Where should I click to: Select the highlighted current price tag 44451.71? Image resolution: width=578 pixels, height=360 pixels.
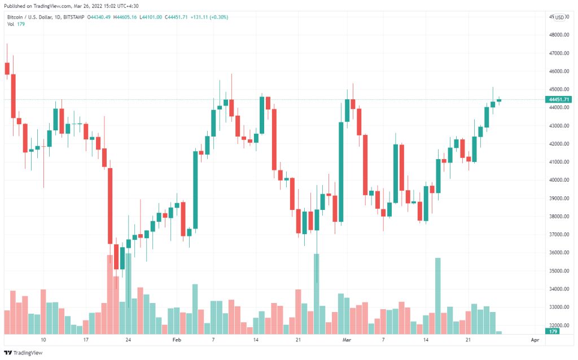(558, 99)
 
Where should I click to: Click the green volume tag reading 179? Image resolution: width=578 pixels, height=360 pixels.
(553, 332)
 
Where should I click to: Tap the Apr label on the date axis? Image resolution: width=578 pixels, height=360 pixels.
(535, 340)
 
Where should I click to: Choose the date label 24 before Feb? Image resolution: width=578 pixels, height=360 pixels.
(128, 340)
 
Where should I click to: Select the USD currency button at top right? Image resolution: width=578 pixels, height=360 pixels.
(559, 17)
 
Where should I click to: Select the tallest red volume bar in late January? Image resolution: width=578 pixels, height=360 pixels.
(110, 293)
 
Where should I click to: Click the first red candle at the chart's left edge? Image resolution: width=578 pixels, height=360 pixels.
(7, 68)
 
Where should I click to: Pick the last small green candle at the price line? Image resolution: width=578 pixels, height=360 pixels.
(499, 100)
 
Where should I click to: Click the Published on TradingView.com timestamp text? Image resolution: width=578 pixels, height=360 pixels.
(71, 6)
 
